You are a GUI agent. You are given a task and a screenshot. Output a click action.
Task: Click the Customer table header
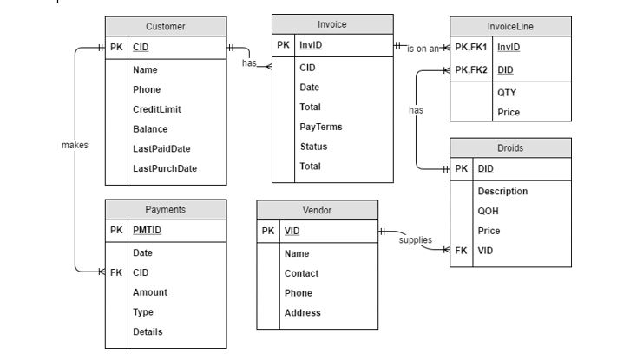coord(166,27)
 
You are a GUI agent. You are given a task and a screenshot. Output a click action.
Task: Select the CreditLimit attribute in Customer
coord(156,109)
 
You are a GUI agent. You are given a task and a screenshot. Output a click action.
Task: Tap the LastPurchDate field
coord(164,168)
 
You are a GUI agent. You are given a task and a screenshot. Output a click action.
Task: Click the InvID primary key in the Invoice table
coord(310,45)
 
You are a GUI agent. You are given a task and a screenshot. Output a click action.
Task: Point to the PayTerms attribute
coord(320,127)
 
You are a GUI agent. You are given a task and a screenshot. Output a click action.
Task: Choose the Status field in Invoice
coord(313,147)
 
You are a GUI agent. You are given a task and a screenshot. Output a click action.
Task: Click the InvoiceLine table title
coord(510,27)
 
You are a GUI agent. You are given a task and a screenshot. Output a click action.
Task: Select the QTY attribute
coord(507,92)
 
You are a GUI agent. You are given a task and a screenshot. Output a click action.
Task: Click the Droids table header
coord(510,148)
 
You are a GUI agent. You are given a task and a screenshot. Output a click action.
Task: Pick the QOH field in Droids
coord(488,211)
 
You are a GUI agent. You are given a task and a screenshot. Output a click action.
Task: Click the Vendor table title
coord(317,210)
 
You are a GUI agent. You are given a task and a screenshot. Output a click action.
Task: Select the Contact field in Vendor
coord(301,273)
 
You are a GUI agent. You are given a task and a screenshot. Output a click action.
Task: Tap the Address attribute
coord(302,312)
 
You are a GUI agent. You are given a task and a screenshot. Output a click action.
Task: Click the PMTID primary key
coord(147,231)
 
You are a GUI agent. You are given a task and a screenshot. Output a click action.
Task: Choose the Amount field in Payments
coord(150,292)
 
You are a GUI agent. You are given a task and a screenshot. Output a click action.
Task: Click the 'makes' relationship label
coord(75,145)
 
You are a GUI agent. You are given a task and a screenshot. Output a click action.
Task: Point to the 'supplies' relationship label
coord(416,240)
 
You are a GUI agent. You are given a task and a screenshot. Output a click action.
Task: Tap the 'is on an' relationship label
coord(423,49)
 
